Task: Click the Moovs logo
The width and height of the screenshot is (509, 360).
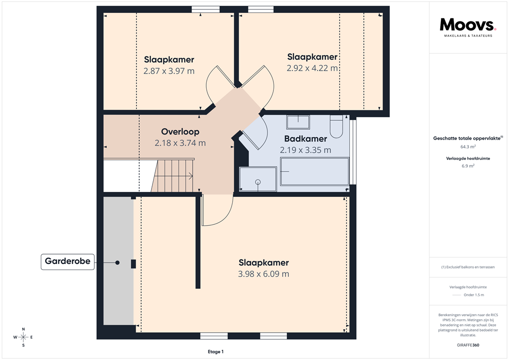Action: click(468, 25)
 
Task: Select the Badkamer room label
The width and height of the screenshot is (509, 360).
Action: click(305, 139)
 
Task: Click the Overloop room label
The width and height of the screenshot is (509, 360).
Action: click(180, 132)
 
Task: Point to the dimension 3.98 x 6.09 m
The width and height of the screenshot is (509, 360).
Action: click(263, 274)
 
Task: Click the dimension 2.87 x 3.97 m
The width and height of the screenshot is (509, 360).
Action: click(169, 71)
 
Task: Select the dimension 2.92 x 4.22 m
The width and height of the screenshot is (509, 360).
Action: click(312, 68)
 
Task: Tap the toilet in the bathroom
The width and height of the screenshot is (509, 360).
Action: click(337, 126)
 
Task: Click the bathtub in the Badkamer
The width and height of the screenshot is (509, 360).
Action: click(315, 171)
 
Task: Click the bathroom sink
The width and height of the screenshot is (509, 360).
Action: click(298, 122)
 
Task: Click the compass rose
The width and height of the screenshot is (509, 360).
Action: click(23, 337)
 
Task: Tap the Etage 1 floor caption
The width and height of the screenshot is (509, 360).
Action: click(216, 352)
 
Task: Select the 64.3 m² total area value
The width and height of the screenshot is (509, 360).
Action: click(467, 147)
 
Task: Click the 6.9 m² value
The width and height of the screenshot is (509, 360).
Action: click(467, 166)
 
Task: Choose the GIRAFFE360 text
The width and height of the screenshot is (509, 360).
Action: click(468, 345)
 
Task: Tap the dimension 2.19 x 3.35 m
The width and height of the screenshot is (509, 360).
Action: click(305, 150)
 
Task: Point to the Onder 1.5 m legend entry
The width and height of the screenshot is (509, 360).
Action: click(473, 295)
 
